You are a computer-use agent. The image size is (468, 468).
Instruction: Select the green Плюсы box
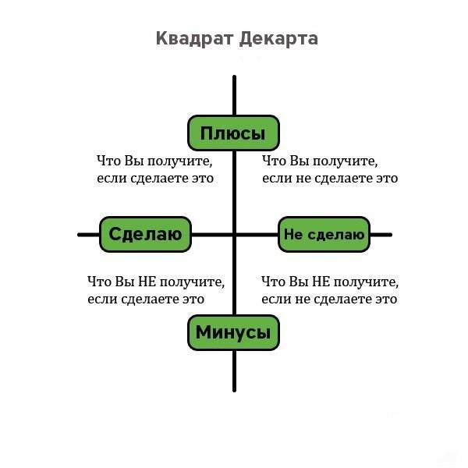pos(233,133)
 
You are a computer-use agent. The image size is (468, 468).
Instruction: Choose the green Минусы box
pos(233,334)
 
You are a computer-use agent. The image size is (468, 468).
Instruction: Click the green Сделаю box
pos(146,234)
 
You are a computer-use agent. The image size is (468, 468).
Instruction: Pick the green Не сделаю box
pos(324,234)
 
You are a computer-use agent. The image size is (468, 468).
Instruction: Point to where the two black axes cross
pos(234,234)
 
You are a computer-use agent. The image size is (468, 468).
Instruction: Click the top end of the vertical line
pos(234,76)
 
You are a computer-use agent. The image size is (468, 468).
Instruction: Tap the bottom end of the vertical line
pos(234,390)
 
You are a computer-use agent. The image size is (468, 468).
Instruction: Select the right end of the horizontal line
pos(390,234)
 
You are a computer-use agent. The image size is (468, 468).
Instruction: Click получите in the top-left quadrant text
pos(177,161)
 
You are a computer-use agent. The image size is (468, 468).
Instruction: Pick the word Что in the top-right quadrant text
pos(273,161)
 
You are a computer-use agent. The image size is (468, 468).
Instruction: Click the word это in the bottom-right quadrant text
pos(385,299)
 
